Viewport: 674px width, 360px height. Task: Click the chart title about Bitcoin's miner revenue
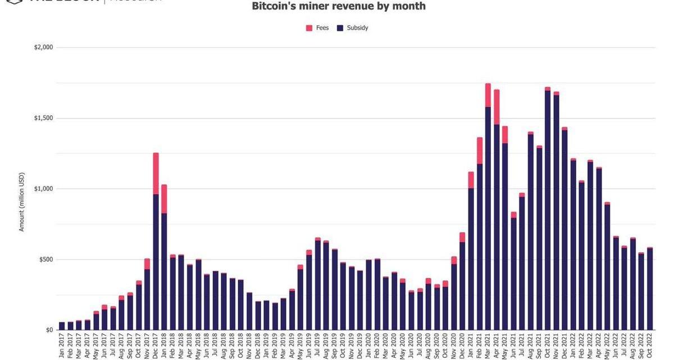[x=338, y=6]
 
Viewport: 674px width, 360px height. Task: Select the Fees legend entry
[x=317, y=28]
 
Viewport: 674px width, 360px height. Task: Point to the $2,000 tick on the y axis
[x=43, y=48]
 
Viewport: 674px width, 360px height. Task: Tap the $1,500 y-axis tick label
[x=43, y=119]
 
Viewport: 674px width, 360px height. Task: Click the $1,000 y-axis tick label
[x=43, y=189]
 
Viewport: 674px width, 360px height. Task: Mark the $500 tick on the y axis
[x=45, y=260]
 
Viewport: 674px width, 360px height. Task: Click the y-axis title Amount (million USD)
[x=22, y=202]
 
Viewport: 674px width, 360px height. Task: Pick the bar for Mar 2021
[x=488, y=213]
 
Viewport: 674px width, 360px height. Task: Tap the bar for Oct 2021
[x=547, y=213]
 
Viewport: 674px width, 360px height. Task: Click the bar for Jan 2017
[x=62, y=326]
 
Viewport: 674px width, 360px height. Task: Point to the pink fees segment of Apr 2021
[x=497, y=107]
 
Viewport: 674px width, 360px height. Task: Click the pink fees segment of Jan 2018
[x=164, y=199]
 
